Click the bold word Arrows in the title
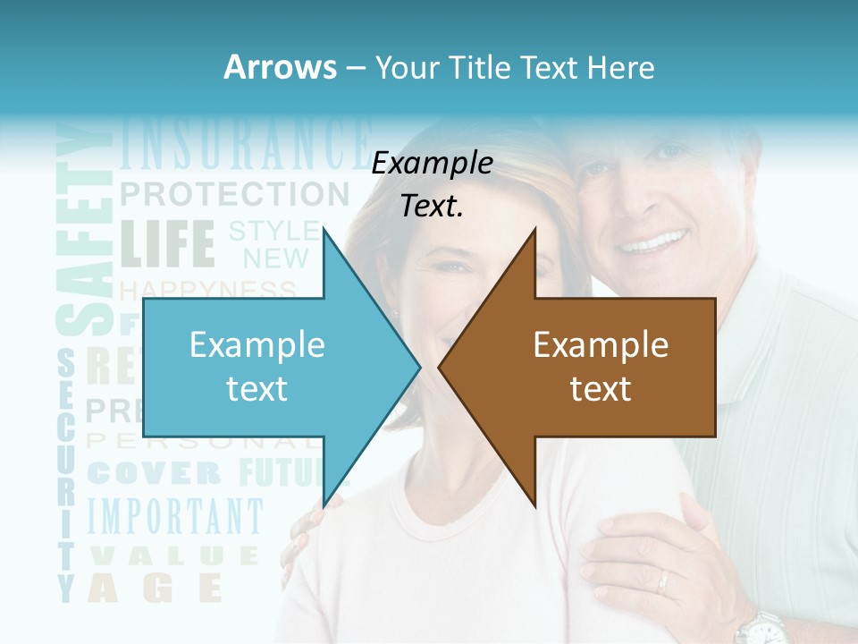279,67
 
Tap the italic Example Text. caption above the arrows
433,184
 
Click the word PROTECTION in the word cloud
234,193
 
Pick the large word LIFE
167,243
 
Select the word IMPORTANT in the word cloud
176,518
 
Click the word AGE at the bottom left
156,588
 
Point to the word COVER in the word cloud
155,473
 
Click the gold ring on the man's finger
662,582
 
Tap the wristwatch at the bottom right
761,628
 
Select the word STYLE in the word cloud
273,231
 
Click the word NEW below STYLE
276,259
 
